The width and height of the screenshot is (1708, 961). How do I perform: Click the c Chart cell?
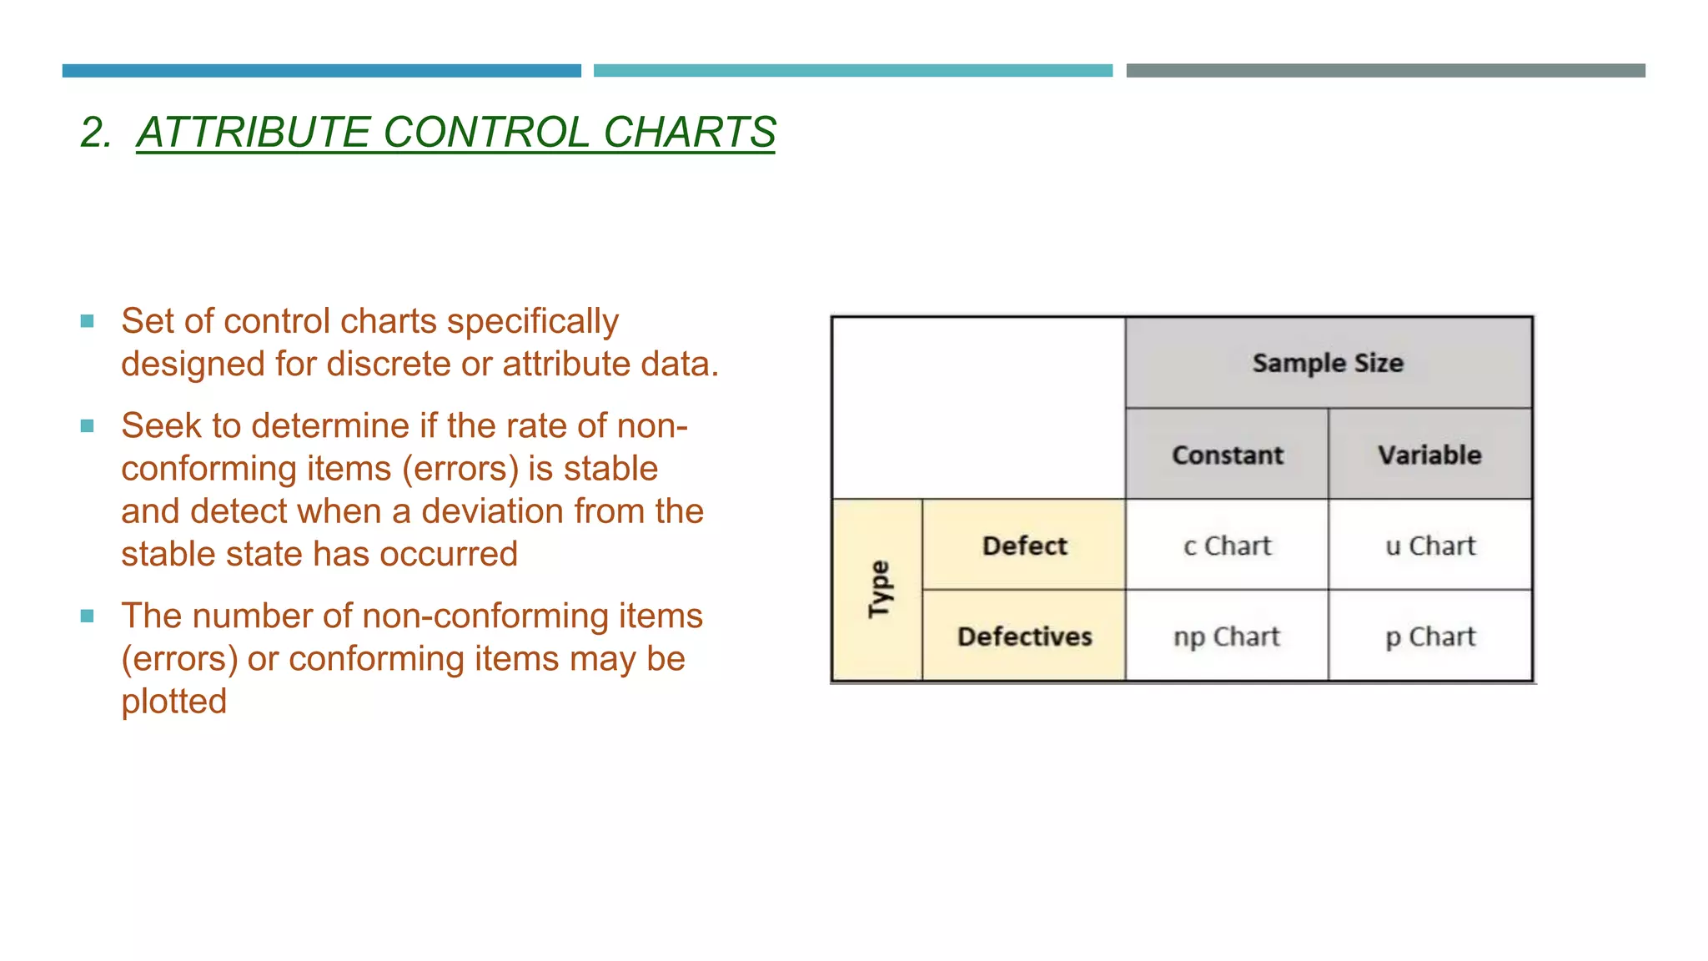(1227, 546)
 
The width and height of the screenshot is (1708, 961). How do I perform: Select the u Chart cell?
(1430, 546)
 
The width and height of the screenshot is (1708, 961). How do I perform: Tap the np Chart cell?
(1227, 636)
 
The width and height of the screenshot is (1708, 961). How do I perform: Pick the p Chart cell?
(1430, 636)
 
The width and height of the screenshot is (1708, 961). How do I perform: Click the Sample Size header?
(1328, 363)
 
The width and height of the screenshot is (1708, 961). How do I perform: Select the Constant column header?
(1227, 455)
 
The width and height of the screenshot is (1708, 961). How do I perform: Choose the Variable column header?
(1429, 455)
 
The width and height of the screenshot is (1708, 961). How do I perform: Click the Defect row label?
(1024, 546)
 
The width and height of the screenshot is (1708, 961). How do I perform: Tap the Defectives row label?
(1024, 636)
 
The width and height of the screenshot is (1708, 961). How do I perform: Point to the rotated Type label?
(878, 589)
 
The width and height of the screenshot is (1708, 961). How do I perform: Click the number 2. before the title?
(96, 133)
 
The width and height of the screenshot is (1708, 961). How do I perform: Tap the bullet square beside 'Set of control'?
(87, 321)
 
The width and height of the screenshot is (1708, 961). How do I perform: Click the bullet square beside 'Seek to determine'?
(87, 426)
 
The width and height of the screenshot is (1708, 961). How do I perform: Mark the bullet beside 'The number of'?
(87, 616)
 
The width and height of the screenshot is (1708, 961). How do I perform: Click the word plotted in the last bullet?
(173, 702)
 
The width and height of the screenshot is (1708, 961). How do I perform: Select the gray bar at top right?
(1385, 71)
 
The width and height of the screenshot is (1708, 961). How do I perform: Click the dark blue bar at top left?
(321, 71)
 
